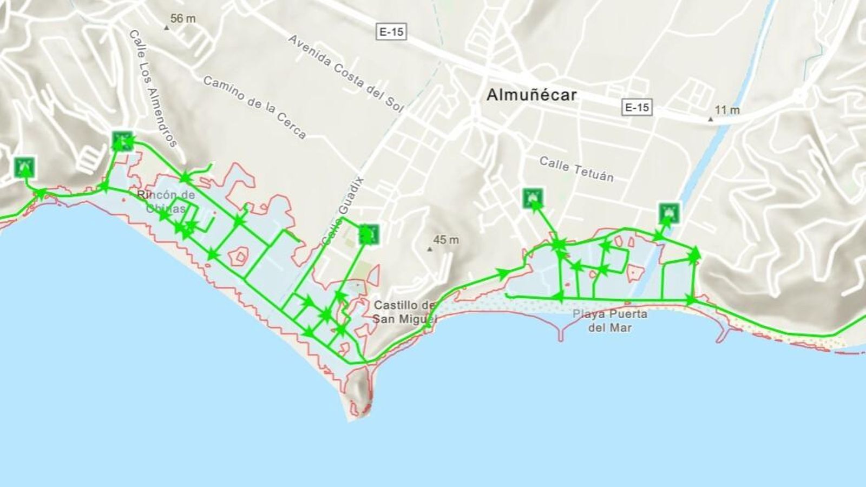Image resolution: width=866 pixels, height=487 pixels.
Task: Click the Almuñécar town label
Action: pyautogui.click(x=532, y=95)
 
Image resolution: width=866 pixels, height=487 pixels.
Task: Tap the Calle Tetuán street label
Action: pyautogui.click(x=576, y=169)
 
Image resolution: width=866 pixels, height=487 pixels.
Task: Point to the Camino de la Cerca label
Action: pyautogui.click(x=254, y=107)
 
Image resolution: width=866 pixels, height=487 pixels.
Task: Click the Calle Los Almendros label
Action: pyautogui.click(x=153, y=88)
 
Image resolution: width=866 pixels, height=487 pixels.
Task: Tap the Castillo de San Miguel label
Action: pyautogui.click(x=404, y=312)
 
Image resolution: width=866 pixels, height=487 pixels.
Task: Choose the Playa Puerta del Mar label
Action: pyautogui.click(x=610, y=320)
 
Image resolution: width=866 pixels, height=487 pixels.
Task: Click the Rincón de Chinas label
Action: pyautogui.click(x=166, y=201)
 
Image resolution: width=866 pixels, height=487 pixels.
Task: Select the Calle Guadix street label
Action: pyautogui.click(x=343, y=212)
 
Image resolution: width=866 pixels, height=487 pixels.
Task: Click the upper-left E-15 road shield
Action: pyautogui.click(x=391, y=32)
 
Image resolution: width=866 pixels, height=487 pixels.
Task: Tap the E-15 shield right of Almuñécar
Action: pyautogui.click(x=637, y=107)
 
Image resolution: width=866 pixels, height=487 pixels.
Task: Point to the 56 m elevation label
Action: pyautogui.click(x=183, y=18)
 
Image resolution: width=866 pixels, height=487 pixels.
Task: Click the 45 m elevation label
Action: pyautogui.click(x=446, y=240)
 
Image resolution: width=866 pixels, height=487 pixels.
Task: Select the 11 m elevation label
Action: pyautogui.click(x=727, y=110)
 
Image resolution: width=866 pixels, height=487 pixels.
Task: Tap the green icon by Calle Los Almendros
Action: pyautogui.click(x=122, y=141)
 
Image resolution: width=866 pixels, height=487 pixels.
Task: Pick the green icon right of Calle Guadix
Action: pyautogui.click(x=368, y=234)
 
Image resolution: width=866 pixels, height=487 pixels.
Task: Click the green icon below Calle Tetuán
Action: pyautogui.click(x=533, y=198)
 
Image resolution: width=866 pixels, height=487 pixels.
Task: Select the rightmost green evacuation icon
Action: pyautogui.click(x=669, y=213)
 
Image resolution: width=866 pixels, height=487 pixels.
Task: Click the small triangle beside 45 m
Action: pyautogui.click(x=430, y=249)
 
